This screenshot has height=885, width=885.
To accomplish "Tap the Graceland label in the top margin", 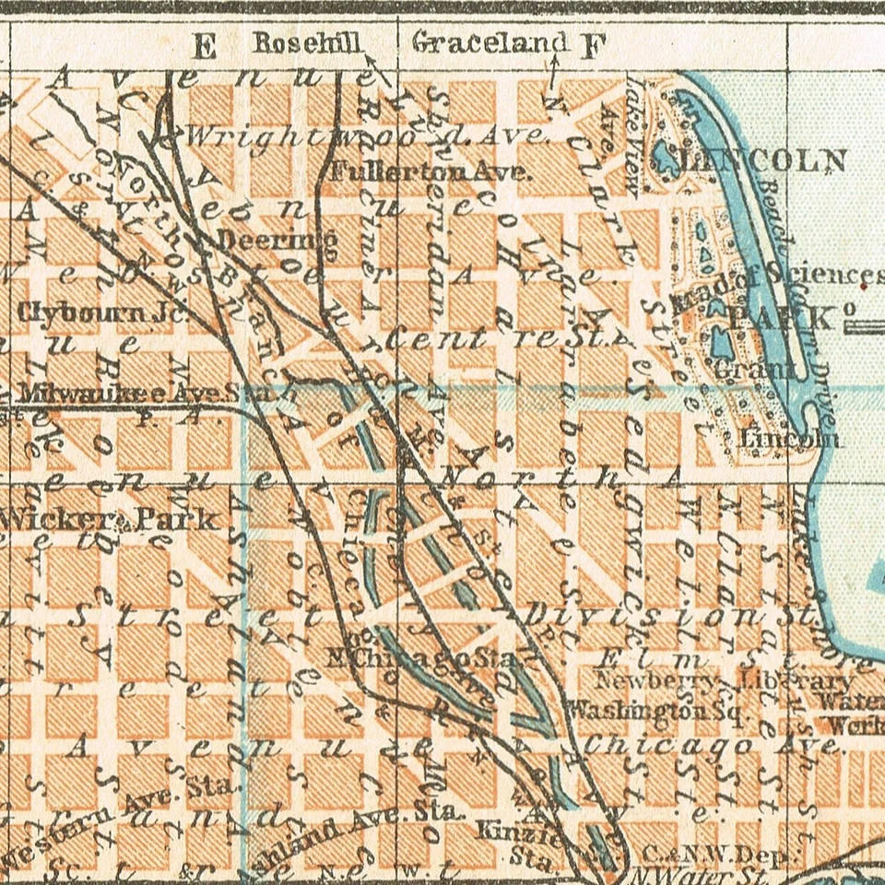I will coord(490,42).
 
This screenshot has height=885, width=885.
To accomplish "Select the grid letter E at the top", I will coord(205,46).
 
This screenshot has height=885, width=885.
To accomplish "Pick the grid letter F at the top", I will coord(591,45).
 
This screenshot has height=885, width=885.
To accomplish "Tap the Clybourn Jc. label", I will coord(100,313).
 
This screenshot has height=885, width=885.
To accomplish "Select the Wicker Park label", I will coord(111,519).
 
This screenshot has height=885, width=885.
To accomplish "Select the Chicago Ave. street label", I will coord(714,745).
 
